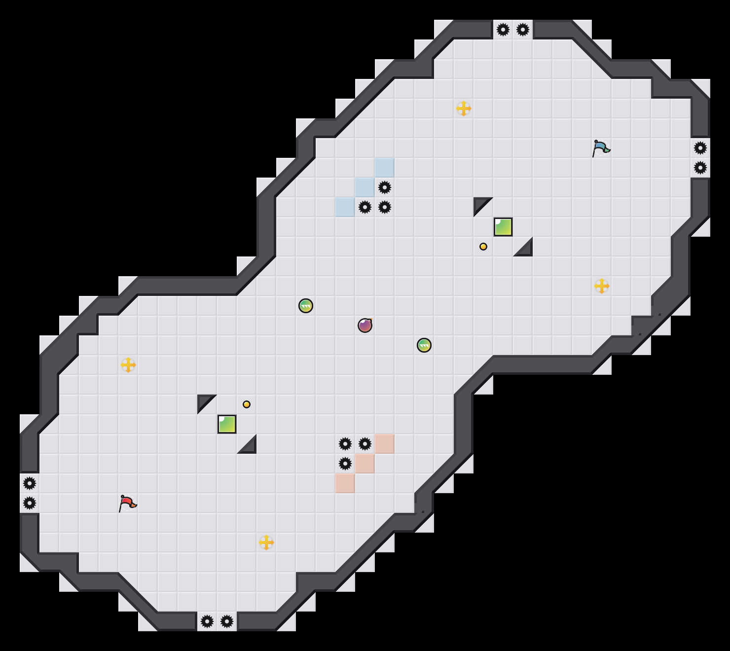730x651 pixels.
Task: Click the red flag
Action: click(x=127, y=503)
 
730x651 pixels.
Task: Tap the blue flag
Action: click(x=601, y=148)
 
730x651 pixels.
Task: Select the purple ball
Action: click(x=365, y=325)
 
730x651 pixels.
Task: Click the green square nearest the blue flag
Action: click(x=503, y=227)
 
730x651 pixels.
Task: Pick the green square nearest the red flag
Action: click(x=227, y=424)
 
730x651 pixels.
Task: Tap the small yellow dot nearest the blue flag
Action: click(x=483, y=247)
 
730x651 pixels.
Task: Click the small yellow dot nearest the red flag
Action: click(x=247, y=404)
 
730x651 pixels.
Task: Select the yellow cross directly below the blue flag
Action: click(x=602, y=286)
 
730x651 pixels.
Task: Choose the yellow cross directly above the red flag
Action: click(x=128, y=365)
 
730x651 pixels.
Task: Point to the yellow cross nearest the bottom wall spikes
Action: click(x=266, y=542)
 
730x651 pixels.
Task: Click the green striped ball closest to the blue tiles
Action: click(x=306, y=306)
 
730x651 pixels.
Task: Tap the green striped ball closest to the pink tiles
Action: click(x=424, y=345)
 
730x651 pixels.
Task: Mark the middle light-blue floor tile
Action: click(x=365, y=187)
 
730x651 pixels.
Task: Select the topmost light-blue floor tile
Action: click(x=385, y=168)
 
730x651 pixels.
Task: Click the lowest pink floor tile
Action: click(x=345, y=483)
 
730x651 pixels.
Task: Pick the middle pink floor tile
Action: click(x=365, y=464)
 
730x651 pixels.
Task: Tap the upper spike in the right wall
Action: click(x=700, y=148)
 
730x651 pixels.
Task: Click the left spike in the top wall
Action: click(x=503, y=30)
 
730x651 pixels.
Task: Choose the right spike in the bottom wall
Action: click(x=227, y=621)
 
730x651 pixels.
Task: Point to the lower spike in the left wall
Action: click(x=30, y=503)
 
